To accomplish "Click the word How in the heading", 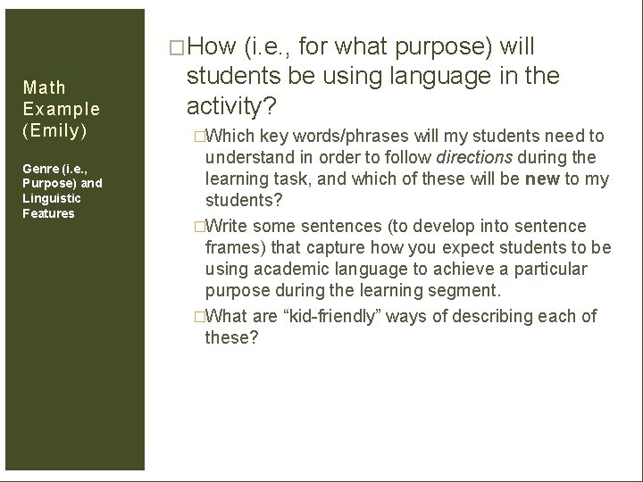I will [211, 46].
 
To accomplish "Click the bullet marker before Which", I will [199, 137].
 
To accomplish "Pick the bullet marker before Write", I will [199, 227].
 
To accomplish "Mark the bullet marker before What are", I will [199, 317].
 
